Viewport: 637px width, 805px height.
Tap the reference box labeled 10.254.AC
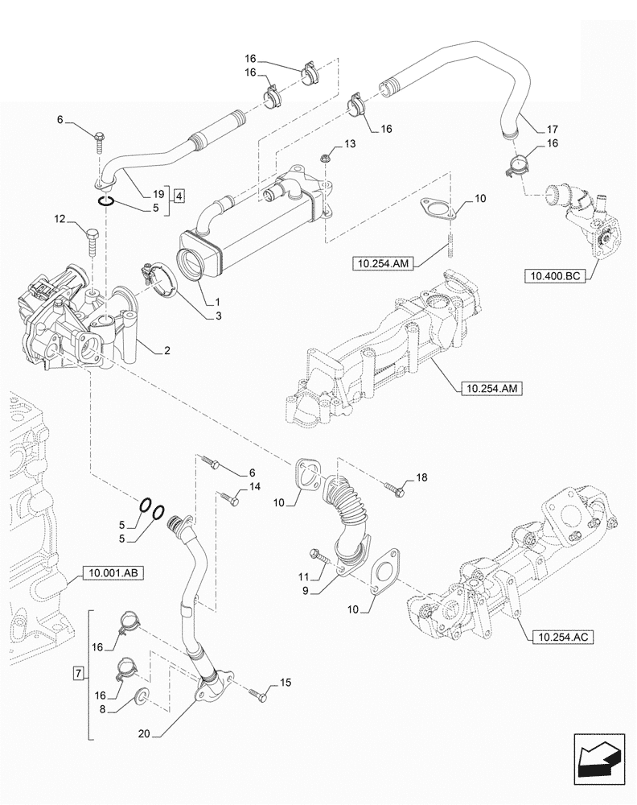click(561, 638)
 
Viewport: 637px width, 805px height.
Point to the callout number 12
click(60, 219)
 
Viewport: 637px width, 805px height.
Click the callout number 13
click(348, 143)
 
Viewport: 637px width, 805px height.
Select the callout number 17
click(551, 129)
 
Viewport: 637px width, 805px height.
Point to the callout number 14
click(255, 487)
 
